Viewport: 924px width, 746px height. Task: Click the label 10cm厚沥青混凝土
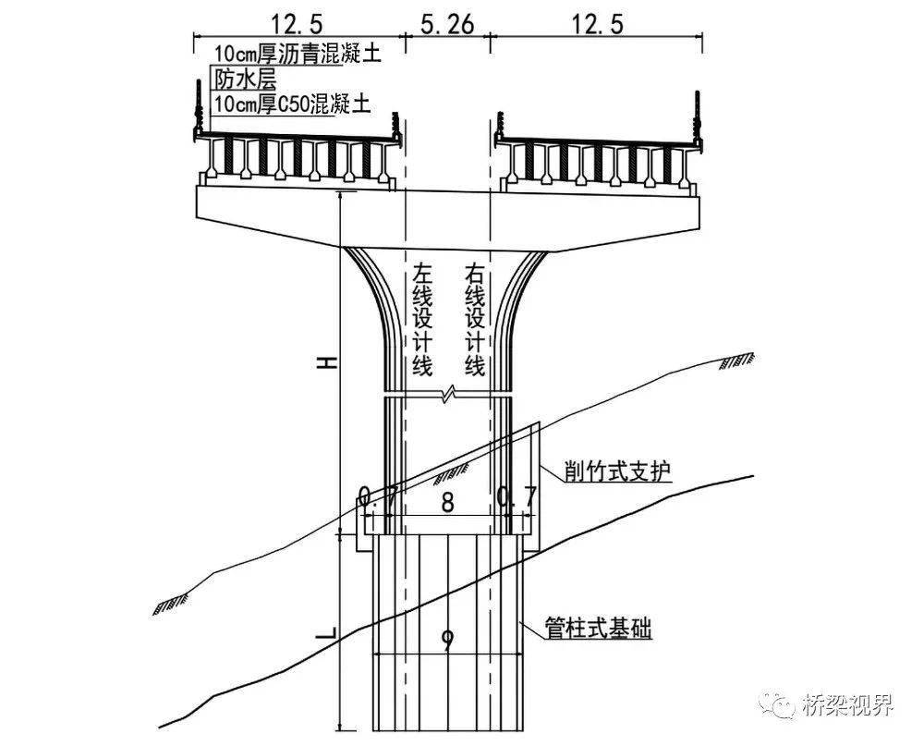297,53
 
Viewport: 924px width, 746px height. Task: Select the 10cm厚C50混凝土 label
291,104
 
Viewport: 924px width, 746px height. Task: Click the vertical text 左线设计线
422,320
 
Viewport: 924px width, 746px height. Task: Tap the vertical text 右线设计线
475,320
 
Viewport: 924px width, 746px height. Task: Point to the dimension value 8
447,503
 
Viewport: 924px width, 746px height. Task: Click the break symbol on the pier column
448,395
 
